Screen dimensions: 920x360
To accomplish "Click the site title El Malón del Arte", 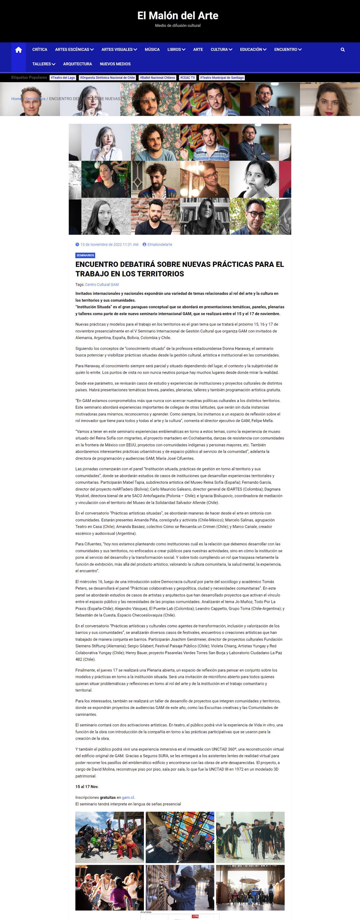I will click(177, 15).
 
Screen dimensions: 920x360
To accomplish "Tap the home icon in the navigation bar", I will click(18, 50).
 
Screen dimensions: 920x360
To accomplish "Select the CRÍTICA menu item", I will click(40, 50).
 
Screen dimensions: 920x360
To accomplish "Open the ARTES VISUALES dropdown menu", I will click(119, 50).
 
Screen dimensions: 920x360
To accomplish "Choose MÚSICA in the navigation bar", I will click(152, 50).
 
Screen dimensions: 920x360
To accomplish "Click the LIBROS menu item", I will click(176, 50).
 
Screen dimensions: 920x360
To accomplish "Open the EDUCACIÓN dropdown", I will click(253, 50).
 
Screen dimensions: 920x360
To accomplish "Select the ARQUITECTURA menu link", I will click(77, 64).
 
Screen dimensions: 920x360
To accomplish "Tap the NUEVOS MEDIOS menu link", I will click(115, 64).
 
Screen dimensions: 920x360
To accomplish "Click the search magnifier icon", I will click(343, 50).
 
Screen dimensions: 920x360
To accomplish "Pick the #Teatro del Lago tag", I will click(63, 78).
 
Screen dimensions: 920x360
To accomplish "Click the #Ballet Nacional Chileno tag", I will click(157, 78).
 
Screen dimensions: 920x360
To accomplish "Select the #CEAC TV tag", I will click(188, 78).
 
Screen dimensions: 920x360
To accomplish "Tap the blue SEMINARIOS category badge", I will click(85, 255).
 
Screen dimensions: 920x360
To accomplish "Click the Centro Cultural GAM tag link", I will click(102, 285).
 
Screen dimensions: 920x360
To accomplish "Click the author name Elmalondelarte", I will click(160, 245).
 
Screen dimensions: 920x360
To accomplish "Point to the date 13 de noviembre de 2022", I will click(109, 245).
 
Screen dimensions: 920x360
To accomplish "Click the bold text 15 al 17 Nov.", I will click(87, 786).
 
